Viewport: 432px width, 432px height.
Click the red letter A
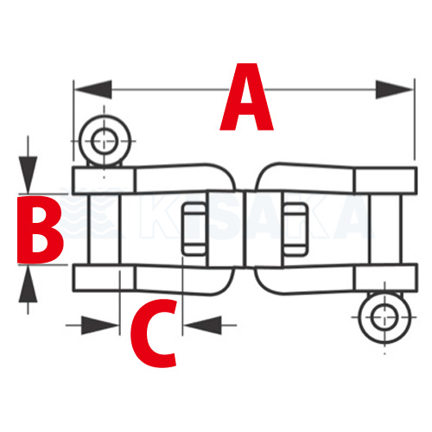(246, 97)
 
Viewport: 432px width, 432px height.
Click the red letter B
(40, 230)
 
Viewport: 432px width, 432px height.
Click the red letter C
(154, 334)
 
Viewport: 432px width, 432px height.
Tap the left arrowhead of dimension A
(93, 90)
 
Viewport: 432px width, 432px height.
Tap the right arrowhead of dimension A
(395, 90)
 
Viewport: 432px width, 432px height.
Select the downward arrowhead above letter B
(28, 175)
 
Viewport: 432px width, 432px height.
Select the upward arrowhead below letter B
(28, 284)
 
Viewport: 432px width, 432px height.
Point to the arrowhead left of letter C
(99, 326)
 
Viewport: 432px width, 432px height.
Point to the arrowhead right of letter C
(203, 326)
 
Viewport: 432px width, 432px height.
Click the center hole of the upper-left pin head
(105, 141)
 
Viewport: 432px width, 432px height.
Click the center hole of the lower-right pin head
(384, 317)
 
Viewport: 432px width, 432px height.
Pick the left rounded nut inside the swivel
(194, 230)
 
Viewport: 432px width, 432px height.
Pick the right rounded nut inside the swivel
(295, 230)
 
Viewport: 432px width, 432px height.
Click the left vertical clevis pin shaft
(103, 229)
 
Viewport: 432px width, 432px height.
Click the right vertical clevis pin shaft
(385, 229)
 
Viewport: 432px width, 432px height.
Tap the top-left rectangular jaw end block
(104, 181)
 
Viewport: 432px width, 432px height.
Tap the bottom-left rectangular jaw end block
(104, 277)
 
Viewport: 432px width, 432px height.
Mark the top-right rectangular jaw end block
(385, 181)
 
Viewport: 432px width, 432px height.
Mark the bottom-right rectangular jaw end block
(385, 277)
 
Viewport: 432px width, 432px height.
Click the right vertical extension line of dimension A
(415, 119)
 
